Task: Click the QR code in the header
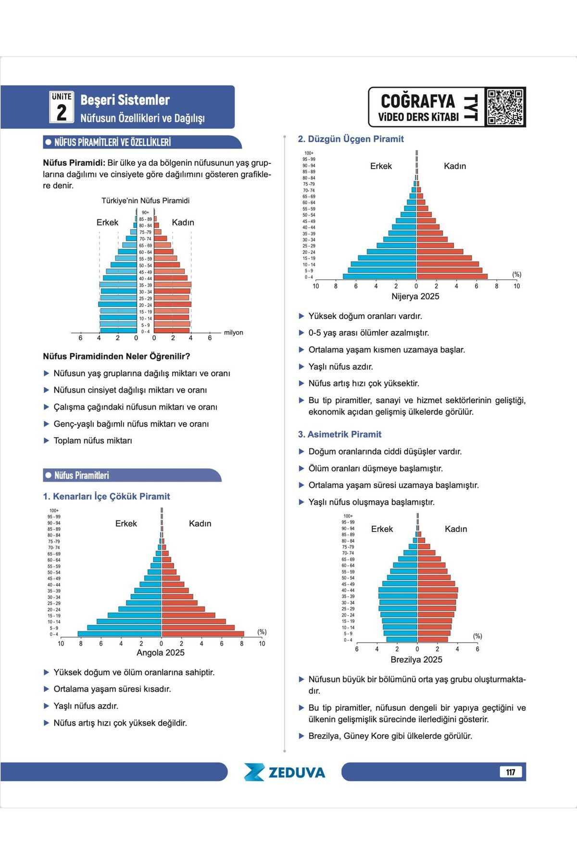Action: [x=505, y=107]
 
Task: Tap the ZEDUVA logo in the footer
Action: [x=284, y=772]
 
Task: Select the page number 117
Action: [x=511, y=772]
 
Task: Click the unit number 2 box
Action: [x=62, y=107]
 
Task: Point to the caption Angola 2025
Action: [x=161, y=653]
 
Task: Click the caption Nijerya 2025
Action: [x=415, y=297]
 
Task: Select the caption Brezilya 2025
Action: [x=416, y=660]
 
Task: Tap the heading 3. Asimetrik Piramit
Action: [x=339, y=434]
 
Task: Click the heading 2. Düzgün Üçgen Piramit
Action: [x=351, y=139]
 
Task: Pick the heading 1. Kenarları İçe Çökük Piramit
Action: [x=106, y=496]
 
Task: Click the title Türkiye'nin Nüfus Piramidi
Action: [x=145, y=201]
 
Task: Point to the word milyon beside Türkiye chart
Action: [x=234, y=333]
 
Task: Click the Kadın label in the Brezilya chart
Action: [x=456, y=529]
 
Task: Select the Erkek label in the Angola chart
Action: [x=126, y=523]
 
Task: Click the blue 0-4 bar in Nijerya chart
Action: [x=379, y=276]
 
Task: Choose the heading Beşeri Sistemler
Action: [x=125, y=100]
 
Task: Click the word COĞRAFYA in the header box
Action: [x=417, y=101]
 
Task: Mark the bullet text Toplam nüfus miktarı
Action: [x=93, y=441]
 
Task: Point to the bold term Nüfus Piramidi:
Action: [x=74, y=163]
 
